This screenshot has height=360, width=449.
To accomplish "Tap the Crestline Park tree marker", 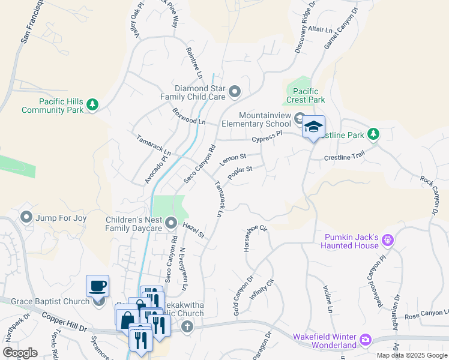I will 373,134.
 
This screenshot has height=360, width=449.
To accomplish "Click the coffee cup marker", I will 97,286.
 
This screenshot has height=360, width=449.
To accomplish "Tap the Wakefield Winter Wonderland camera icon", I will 365,341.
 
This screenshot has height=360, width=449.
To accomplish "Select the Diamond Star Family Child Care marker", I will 235,92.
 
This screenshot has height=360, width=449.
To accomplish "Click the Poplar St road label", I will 239,173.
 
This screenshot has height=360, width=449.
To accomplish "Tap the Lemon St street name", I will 234,160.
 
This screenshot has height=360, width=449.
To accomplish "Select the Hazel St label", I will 194,230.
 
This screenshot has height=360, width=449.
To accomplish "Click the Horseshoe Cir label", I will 255,240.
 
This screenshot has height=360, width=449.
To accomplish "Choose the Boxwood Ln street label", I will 188,116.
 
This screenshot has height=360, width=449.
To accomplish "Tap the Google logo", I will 20,352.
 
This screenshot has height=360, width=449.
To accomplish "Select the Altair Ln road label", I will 319,29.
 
